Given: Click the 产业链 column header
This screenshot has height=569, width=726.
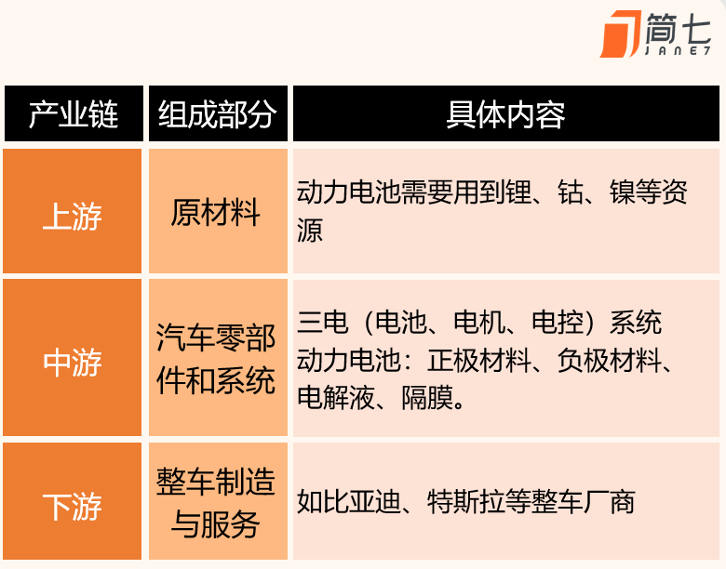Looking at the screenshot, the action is (74, 114).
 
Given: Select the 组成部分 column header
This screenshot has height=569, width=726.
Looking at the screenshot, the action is (218, 114).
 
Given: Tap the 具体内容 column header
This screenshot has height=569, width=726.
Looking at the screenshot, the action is (505, 114).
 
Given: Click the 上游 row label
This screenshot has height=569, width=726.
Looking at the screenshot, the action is (73, 216).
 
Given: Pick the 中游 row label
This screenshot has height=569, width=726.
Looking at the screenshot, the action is (73, 363).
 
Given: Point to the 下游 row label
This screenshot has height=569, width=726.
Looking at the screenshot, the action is (73, 507).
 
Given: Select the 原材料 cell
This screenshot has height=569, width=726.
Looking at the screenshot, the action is (216, 212).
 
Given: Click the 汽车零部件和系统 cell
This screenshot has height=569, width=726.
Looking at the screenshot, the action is (216, 359).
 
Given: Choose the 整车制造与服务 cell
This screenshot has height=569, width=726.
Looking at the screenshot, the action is (216, 503).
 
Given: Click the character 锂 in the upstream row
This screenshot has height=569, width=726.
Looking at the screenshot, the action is (518, 192).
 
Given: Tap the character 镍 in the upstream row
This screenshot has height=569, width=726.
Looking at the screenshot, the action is (623, 192).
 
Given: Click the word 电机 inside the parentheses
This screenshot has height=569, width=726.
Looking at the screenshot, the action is (479, 322).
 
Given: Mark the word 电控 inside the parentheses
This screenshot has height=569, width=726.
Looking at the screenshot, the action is (558, 322).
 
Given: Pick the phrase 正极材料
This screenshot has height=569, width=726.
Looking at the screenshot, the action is (479, 361).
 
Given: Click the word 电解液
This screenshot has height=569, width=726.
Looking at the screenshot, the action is (336, 397).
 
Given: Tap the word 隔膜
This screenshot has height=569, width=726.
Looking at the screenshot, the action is (427, 397).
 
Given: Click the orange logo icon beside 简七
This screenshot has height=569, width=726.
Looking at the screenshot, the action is (621, 33).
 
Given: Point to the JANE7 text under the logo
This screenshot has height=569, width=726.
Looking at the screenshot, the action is (678, 51).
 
